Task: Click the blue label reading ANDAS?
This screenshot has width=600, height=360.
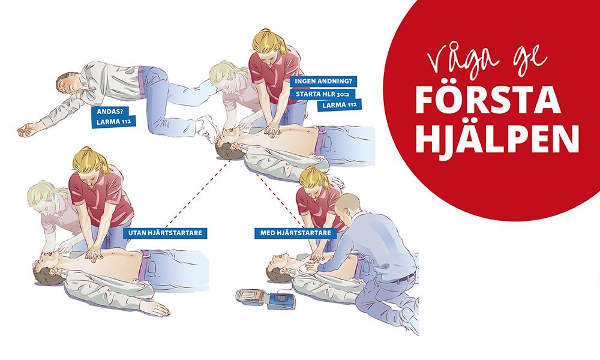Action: pos(109,112)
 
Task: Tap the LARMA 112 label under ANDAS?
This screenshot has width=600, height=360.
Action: pos(114,122)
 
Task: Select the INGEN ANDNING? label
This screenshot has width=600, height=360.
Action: pos(323,82)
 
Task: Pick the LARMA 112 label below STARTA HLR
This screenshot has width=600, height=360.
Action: pos(339,105)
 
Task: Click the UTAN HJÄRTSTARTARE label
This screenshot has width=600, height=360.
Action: pos(165,233)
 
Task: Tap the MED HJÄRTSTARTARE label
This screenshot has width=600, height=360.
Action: pos(295,233)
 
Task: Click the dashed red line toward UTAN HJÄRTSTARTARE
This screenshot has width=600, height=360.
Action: pos(197,194)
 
